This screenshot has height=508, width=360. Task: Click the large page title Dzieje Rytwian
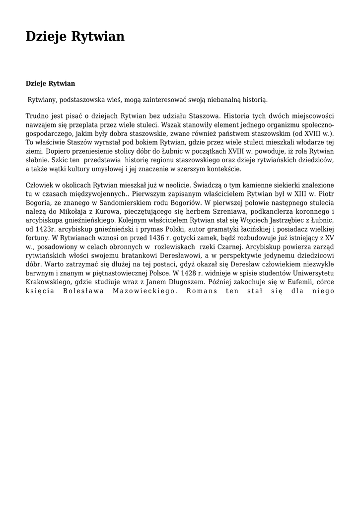(75, 37)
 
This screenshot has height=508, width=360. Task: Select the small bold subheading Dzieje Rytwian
(50, 83)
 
